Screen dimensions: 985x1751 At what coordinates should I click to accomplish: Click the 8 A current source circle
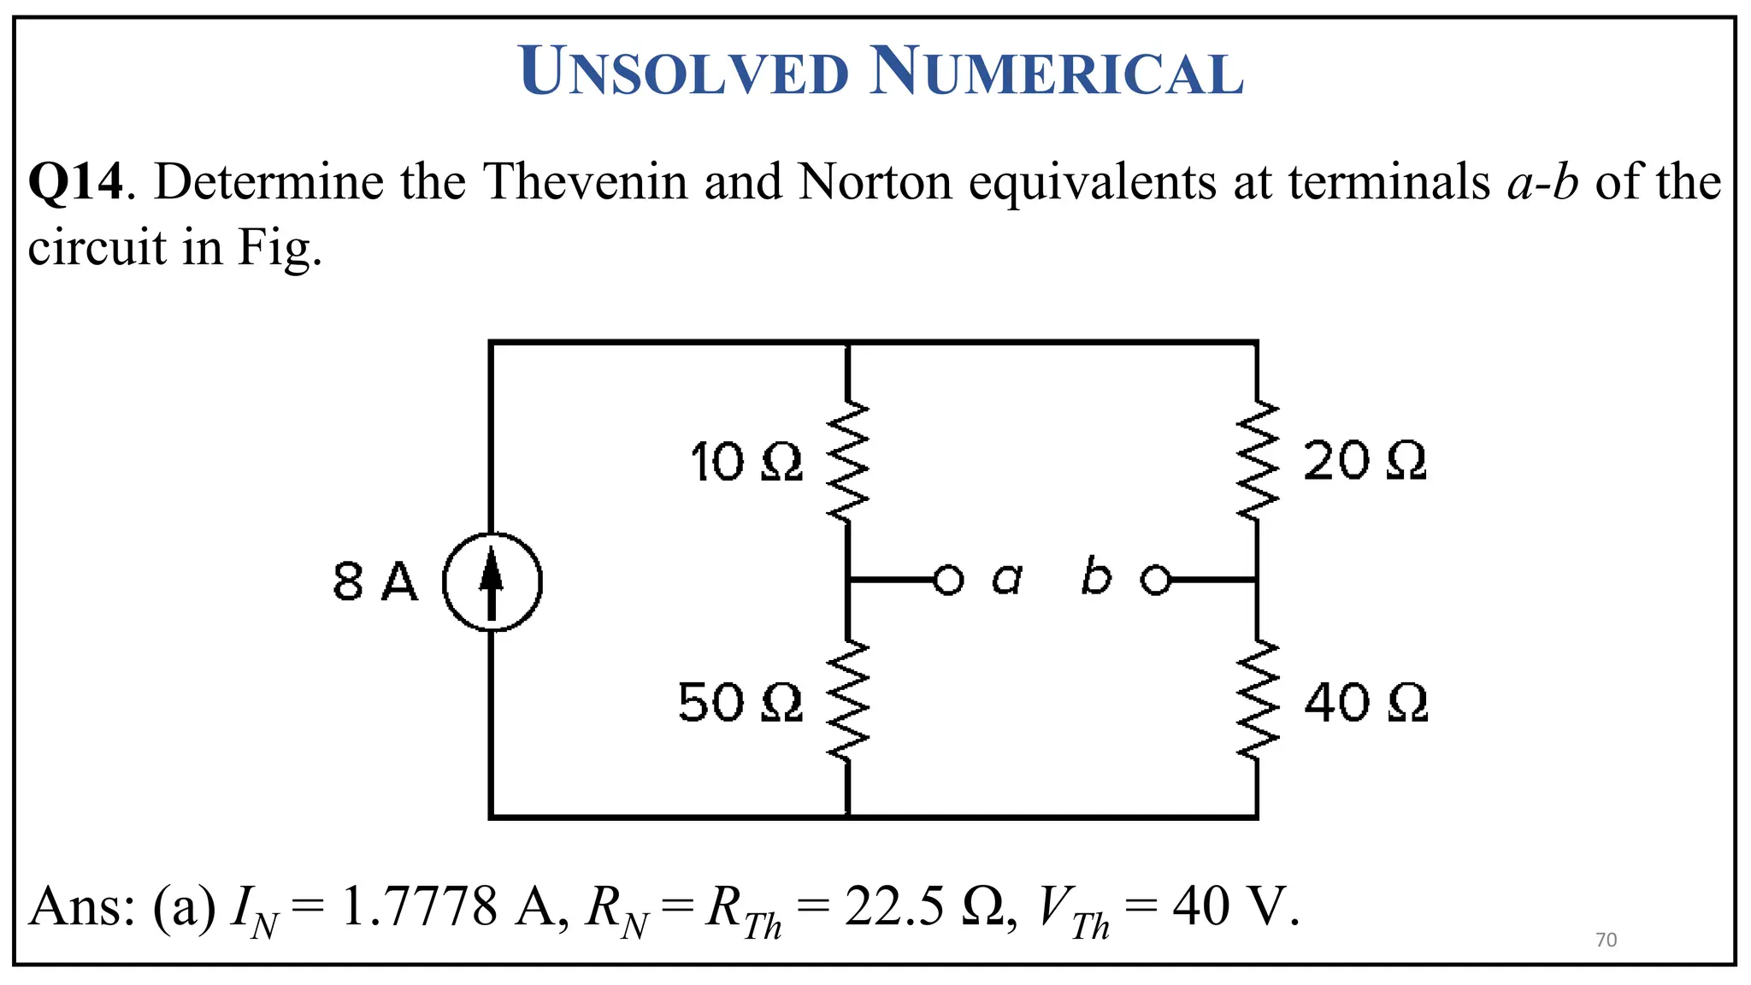(492, 581)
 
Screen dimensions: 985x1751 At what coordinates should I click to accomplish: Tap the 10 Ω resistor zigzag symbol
(847, 461)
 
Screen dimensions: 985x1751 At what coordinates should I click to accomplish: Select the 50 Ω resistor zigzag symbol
(847, 701)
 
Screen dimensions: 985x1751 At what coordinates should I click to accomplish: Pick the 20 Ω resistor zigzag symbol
(1257, 461)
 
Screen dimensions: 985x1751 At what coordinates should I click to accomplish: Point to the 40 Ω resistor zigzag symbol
(1257, 701)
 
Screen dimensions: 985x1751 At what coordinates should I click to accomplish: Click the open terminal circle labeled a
(947, 581)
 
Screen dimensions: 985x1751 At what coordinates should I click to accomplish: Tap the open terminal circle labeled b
(1156, 581)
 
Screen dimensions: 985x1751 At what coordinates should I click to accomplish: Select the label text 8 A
(375, 583)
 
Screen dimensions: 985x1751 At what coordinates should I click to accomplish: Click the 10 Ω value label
(746, 463)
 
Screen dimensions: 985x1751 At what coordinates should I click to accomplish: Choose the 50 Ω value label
(740, 703)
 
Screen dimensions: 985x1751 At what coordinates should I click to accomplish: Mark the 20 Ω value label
(1365, 462)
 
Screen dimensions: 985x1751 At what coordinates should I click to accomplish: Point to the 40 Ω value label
(1365, 703)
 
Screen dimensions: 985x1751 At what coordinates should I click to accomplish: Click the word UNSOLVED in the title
(684, 72)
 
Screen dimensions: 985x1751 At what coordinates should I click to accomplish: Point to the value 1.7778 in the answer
(419, 907)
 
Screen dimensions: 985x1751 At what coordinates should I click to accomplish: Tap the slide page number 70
(1607, 940)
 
